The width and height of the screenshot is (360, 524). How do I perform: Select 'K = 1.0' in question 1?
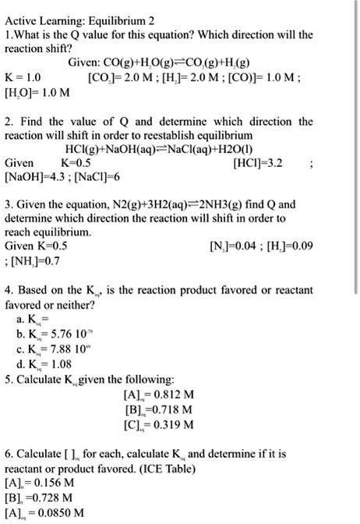[x=24, y=79]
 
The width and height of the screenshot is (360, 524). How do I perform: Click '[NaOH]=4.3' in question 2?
[x=36, y=179]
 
